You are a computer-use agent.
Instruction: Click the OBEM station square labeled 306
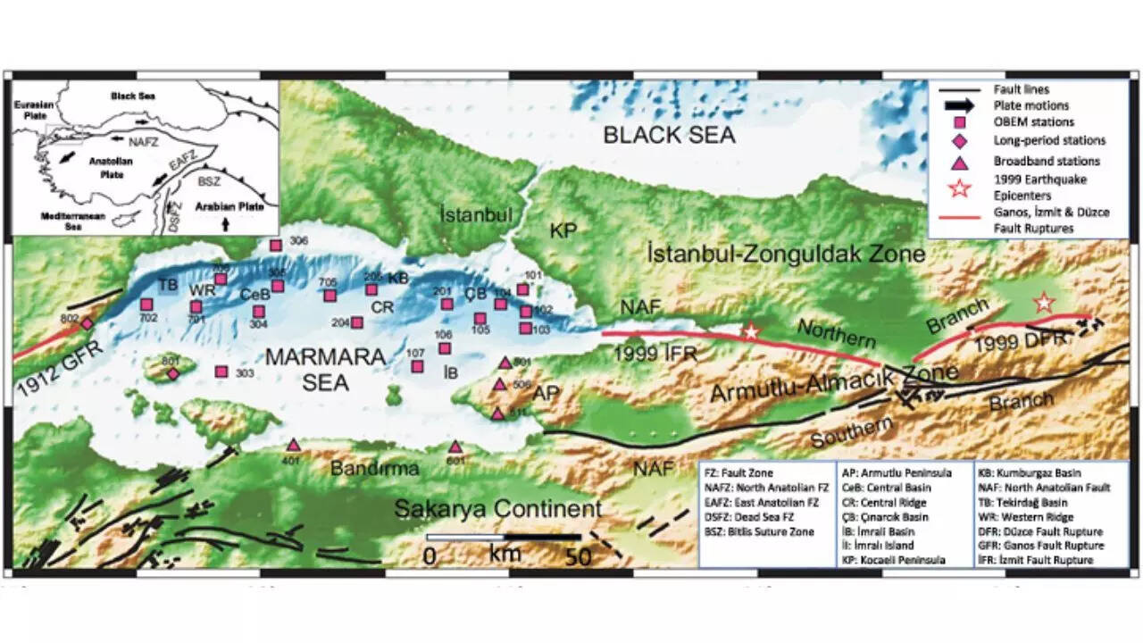pyautogui.click(x=276, y=245)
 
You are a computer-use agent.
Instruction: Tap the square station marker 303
pyautogui.click(x=221, y=372)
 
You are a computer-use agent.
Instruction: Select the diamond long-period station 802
pyautogui.click(x=87, y=322)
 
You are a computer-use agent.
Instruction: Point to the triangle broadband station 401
pyautogui.click(x=293, y=445)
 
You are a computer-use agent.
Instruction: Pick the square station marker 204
pyautogui.click(x=356, y=322)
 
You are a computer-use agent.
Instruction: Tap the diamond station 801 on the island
pyautogui.click(x=172, y=373)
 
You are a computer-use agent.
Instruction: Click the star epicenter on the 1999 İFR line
pyautogui.click(x=751, y=331)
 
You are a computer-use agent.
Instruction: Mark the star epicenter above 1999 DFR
pyautogui.click(x=1043, y=304)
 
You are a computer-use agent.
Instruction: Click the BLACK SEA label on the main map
pyautogui.click(x=668, y=136)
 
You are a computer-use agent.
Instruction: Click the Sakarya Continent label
pyautogui.click(x=498, y=510)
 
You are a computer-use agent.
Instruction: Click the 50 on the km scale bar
pyautogui.click(x=579, y=556)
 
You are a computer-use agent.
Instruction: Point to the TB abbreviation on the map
pyautogui.click(x=169, y=285)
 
